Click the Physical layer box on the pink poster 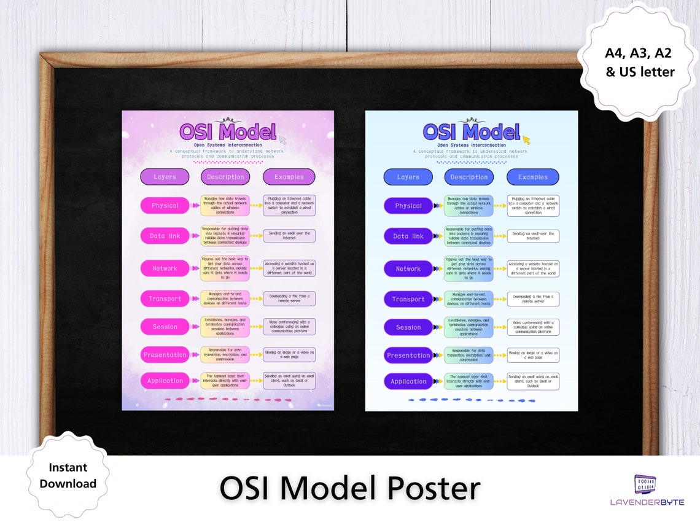(165, 206)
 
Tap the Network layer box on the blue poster (408, 269)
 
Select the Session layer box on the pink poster (165, 327)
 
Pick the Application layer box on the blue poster (408, 381)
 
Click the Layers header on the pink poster (165, 177)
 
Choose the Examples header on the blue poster (532, 177)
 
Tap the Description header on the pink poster (225, 177)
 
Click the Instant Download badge (68, 476)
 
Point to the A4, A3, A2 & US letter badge (640, 63)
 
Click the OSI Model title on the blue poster (471, 132)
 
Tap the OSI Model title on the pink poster (228, 132)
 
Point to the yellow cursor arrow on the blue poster (526, 141)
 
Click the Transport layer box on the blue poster (408, 299)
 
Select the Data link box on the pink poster (165, 236)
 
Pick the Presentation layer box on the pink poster (165, 355)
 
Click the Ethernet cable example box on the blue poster (533, 206)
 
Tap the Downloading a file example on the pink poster (289, 298)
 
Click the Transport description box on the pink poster (225, 298)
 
